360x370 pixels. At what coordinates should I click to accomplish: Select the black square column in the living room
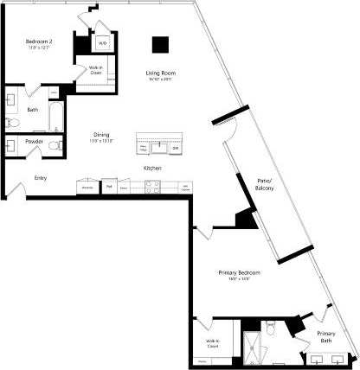pyautogui.click(x=160, y=44)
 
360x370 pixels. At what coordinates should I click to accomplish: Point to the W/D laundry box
pyautogui.click(x=101, y=42)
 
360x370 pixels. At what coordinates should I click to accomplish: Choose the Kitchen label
pyautogui.click(x=152, y=167)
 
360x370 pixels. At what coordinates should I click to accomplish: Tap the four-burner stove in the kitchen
pyautogui.click(x=151, y=185)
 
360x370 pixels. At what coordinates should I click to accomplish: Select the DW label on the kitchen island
pyautogui.click(x=175, y=148)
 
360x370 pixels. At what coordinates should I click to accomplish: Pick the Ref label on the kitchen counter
pyautogui.click(x=109, y=185)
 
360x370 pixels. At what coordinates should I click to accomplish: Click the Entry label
pyautogui.click(x=40, y=178)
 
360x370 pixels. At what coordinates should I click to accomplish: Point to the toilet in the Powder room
pyautogui.click(x=53, y=146)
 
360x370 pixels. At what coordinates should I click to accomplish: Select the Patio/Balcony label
pyautogui.click(x=264, y=184)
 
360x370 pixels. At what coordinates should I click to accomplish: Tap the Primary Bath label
pyautogui.click(x=325, y=337)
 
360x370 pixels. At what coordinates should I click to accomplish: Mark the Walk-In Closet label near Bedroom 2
pyautogui.click(x=96, y=71)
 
